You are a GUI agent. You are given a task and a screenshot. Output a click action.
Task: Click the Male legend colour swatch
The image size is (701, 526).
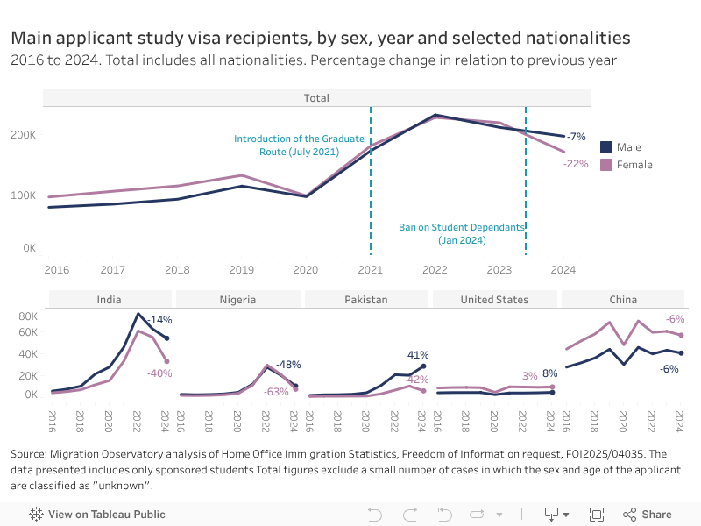(x=605, y=147)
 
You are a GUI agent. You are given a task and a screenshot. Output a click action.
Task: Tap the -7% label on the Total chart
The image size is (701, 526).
(x=576, y=137)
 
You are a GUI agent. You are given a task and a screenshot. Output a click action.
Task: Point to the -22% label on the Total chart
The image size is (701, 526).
(x=576, y=164)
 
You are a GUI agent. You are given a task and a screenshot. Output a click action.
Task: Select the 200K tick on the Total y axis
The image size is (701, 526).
(x=24, y=135)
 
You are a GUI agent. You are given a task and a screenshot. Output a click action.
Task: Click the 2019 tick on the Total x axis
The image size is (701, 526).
(x=241, y=270)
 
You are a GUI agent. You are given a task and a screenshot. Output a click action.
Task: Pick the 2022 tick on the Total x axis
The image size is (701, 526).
(x=435, y=270)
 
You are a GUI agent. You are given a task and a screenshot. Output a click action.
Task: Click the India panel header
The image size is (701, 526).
(x=109, y=300)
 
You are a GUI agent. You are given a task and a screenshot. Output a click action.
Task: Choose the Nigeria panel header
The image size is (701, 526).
(x=237, y=300)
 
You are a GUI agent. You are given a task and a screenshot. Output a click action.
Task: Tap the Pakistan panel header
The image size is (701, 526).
(x=366, y=300)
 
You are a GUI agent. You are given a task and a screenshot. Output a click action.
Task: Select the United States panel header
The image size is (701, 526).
(x=494, y=300)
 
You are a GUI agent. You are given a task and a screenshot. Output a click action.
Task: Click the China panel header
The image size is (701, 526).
(x=623, y=300)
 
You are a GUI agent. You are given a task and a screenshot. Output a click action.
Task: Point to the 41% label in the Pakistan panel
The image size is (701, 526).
(x=417, y=355)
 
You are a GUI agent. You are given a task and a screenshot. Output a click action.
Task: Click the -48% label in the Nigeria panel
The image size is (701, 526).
(x=288, y=365)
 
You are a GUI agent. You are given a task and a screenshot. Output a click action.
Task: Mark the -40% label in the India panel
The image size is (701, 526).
(x=159, y=373)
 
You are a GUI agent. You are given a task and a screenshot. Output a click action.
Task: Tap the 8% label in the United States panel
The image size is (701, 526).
(x=550, y=373)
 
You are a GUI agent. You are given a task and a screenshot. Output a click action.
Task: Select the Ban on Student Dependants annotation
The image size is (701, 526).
(x=462, y=233)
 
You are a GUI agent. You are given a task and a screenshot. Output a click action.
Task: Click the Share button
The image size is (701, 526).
(x=648, y=515)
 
